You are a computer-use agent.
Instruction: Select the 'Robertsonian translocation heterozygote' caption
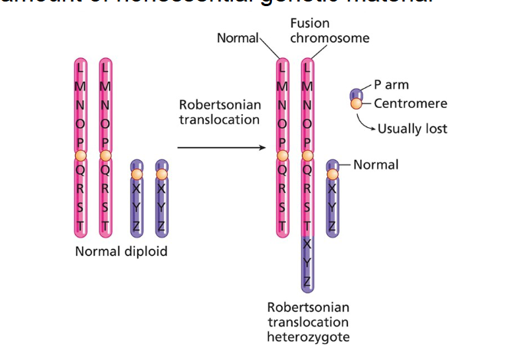pyautogui.click(x=307, y=322)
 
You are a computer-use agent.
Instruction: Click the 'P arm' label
pyautogui.click(x=391, y=85)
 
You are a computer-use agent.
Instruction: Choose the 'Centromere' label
pyautogui.click(x=410, y=103)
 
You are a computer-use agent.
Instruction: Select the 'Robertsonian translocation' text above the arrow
pyautogui.click(x=220, y=113)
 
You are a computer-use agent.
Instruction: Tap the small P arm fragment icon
pyautogui.click(x=356, y=94)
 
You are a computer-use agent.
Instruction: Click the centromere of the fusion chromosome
pyautogui.click(x=307, y=157)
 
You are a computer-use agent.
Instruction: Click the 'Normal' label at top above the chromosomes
pyautogui.click(x=239, y=38)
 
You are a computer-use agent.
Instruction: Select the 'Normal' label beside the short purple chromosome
pyautogui.click(x=375, y=165)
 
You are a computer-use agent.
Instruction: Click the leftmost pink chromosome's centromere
pyautogui.click(x=80, y=157)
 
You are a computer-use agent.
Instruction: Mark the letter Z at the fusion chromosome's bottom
pyautogui.click(x=307, y=281)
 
